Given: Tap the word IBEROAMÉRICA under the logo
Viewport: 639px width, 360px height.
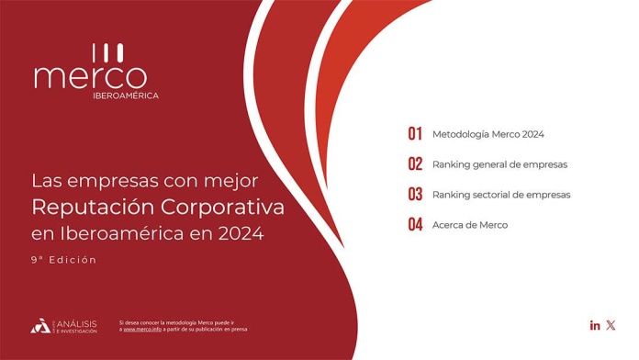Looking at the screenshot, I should [x=126, y=96].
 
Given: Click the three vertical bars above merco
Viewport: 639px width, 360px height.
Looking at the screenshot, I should [x=107, y=51].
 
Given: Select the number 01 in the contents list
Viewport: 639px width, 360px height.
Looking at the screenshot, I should [x=415, y=134].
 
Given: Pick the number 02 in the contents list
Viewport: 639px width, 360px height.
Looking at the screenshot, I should [x=415, y=164].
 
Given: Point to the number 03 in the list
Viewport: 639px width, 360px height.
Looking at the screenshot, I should [x=415, y=195].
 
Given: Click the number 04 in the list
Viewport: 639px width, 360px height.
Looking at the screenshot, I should [x=415, y=225].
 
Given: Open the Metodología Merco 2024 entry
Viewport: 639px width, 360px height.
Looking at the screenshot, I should [x=488, y=134].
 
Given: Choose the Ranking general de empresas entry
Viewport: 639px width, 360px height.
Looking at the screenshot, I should [x=499, y=164].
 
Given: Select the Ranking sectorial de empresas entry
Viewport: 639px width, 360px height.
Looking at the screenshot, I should [x=501, y=195].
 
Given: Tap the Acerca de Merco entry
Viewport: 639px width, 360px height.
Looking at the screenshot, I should [x=469, y=225].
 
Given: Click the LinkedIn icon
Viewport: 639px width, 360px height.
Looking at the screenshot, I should [x=595, y=325].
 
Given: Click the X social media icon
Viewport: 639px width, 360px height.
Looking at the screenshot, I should [x=611, y=325].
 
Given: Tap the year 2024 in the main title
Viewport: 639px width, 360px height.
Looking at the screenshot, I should [x=241, y=233].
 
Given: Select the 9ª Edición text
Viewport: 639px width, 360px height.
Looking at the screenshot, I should [x=63, y=260].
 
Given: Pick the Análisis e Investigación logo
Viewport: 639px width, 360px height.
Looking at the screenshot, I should [x=63, y=325].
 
